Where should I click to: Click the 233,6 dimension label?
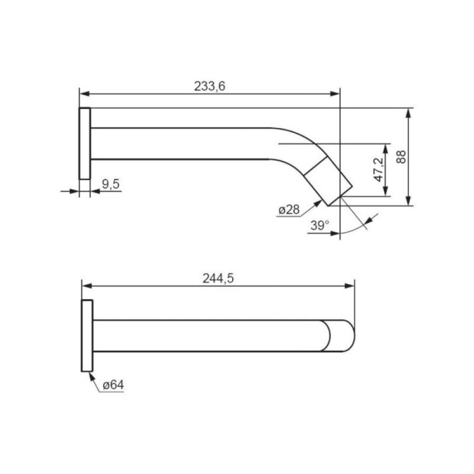point(210,86)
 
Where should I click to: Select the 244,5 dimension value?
point(218,279)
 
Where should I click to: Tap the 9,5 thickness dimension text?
point(111,184)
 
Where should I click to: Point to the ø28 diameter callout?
point(289,210)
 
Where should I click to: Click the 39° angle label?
point(320,225)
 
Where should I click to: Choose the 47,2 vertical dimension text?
point(378,170)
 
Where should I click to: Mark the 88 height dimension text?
point(401,157)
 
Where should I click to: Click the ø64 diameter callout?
point(113,385)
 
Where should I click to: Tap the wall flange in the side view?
point(85,144)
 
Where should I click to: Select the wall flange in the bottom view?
point(87,335)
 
